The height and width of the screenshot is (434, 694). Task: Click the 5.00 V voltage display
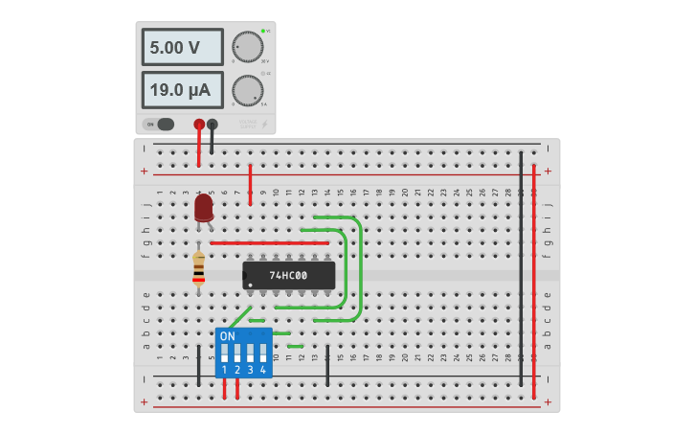182,47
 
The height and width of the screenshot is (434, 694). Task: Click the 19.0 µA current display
182,90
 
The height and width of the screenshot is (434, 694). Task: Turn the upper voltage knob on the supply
247,47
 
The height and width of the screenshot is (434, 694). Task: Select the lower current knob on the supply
247,90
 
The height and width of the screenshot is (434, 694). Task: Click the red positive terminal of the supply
199,124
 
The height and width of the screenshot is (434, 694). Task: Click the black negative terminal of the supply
212,124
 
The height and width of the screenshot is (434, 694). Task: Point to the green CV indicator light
262,31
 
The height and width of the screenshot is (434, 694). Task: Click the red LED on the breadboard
203,208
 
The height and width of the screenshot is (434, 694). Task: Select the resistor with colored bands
198,268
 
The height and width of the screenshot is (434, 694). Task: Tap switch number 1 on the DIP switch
225,353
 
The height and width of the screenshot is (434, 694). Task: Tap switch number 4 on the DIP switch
262,353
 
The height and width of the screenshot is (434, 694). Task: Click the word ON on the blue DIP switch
227,336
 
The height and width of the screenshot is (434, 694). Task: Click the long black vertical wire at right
521,268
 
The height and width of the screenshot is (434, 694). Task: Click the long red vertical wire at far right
534,268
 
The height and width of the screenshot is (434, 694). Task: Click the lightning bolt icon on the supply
265,124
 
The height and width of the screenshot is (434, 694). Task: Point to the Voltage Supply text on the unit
248,124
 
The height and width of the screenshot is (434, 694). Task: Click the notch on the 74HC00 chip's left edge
245,276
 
